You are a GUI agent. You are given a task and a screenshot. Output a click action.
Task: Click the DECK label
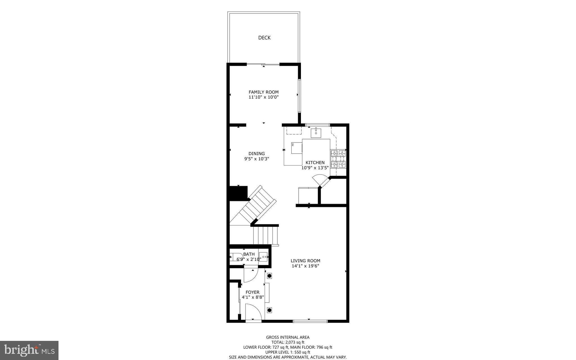(x=264, y=38)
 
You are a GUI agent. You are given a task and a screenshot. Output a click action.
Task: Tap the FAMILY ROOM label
(x=264, y=92)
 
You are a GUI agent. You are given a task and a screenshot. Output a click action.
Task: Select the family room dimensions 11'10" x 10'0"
(x=264, y=97)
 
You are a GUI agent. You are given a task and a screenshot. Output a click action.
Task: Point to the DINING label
(x=256, y=154)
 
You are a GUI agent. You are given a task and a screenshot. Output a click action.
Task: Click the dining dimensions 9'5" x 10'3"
(x=256, y=159)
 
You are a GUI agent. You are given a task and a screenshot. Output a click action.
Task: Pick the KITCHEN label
(x=315, y=163)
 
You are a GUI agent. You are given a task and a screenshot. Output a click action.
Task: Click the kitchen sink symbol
(x=316, y=133)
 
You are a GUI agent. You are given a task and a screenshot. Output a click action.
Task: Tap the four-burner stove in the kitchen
(x=338, y=159)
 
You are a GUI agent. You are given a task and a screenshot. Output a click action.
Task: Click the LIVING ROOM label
(x=305, y=261)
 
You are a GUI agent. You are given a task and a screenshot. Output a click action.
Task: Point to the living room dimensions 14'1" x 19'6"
(x=305, y=266)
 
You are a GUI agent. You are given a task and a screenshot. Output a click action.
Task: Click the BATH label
(x=249, y=254)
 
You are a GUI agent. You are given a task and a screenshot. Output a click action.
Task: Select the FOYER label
(x=253, y=292)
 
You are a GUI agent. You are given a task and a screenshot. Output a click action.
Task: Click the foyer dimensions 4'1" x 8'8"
(x=253, y=297)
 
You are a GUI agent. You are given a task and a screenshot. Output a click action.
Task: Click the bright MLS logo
(x=29, y=350)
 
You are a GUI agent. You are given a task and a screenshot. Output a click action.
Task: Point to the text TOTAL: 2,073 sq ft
(x=288, y=342)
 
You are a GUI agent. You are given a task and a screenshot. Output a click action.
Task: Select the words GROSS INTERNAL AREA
(x=288, y=337)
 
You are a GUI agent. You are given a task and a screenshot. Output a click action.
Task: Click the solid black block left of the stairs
(x=238, y=193)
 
